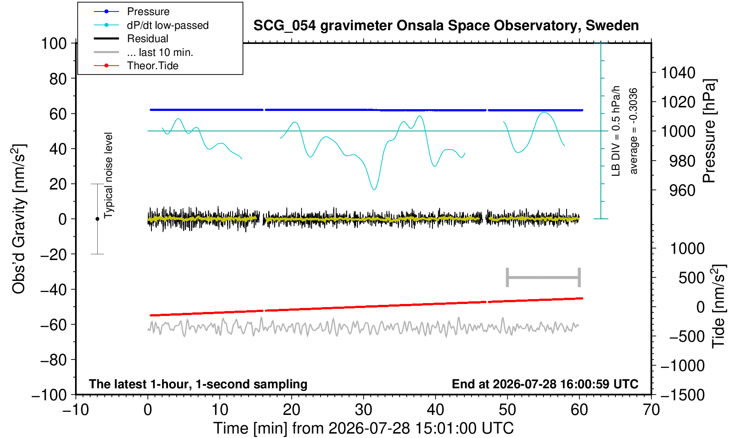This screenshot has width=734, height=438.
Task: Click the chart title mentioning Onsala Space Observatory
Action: click(446, 26)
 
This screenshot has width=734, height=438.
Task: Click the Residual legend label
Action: click(147, 39)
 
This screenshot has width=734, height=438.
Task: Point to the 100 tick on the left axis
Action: click(54, 43)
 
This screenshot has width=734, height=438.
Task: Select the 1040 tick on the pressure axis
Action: click(678, 73)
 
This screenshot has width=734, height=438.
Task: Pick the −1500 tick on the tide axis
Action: click(682, 395)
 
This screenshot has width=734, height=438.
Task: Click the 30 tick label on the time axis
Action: click(363, 410)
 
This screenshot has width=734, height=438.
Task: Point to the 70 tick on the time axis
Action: click(651, 410)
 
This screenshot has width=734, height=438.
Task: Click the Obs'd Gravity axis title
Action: click(19, 219)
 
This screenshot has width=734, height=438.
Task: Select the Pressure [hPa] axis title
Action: click(709, 131)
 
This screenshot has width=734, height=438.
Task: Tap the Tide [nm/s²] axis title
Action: click(719, 306)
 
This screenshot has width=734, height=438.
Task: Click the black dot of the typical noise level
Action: click(97, 219)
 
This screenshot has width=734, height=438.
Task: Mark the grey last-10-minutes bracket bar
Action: click(544, 277)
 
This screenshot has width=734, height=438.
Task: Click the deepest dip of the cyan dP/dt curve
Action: click(374, 189)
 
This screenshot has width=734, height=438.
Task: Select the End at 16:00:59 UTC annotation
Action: click(545, 384)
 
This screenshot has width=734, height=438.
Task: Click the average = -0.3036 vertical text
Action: click(633, 131)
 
